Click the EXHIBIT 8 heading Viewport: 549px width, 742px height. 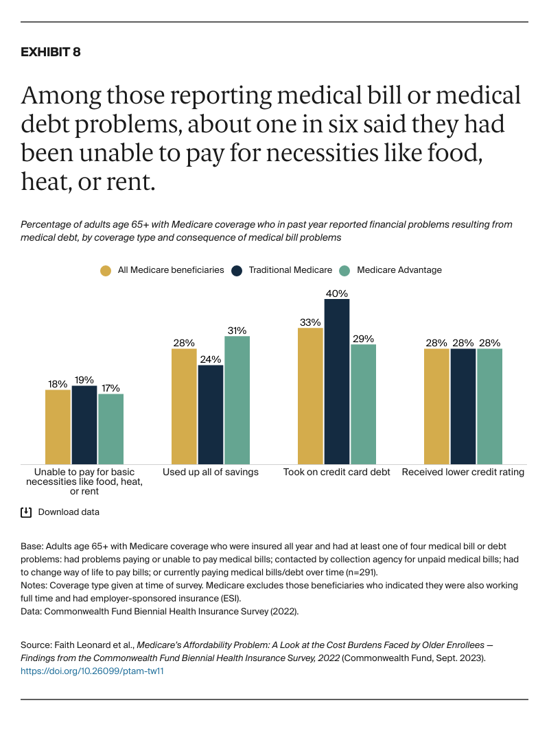click(51, 52)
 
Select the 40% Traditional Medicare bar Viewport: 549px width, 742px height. click(337, 381)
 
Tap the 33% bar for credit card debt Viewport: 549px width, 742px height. click(310, 396)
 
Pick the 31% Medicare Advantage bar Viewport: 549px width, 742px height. click(237, 400)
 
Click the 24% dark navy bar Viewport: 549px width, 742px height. click(211, 414)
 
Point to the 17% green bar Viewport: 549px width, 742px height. click(110, 429)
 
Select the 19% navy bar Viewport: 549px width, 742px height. click(84, 424)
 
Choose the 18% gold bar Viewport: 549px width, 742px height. click(58, 427)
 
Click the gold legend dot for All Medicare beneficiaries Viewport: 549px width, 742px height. click(105, 270)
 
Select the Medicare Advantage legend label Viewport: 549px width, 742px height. click(399, 270)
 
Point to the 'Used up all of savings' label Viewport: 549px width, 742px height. click(210, 472)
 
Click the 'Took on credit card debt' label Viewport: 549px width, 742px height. click(337, 472)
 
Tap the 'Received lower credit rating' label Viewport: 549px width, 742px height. click(463, 472)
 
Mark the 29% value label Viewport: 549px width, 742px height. click(363, 338)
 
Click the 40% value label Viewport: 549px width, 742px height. click(337, 293)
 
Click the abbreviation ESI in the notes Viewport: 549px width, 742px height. click(231, 597)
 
